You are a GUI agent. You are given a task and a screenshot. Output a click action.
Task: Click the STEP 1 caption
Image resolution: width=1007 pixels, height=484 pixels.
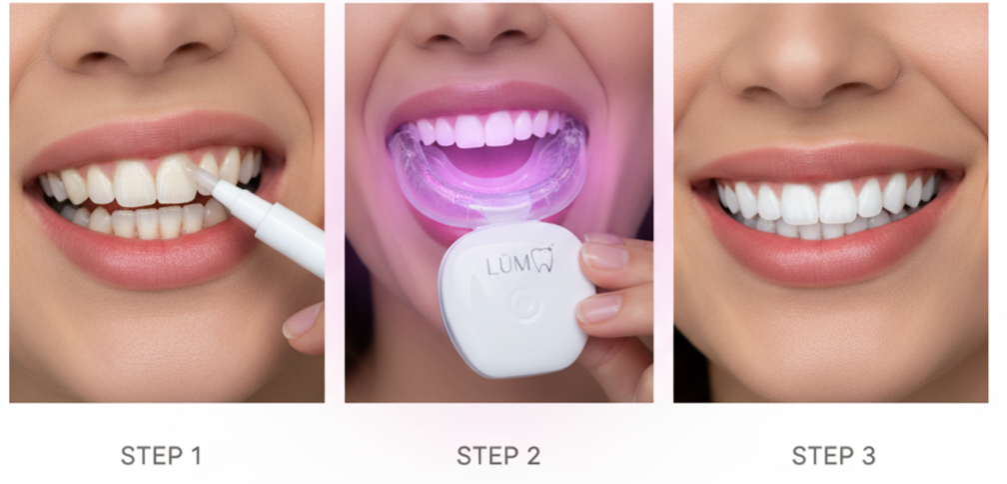(x=161, y=455)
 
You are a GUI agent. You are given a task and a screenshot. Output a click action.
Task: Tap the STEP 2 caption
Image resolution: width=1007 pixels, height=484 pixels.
(x=499, y=455)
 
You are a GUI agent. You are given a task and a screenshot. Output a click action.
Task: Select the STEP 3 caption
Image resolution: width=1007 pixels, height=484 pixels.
(x=833, y=455)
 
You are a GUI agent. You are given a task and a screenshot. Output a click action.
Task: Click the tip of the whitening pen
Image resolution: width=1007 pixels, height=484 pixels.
(x=192, y=169)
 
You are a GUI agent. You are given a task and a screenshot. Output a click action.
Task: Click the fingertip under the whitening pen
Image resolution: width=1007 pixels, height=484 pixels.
(x=304, y=327)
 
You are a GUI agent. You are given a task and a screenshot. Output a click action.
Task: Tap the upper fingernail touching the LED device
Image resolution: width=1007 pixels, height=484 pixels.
(x=603, y=255)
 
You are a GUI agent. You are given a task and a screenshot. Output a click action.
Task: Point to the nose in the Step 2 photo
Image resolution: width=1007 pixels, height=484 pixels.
(x=477, y=26)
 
